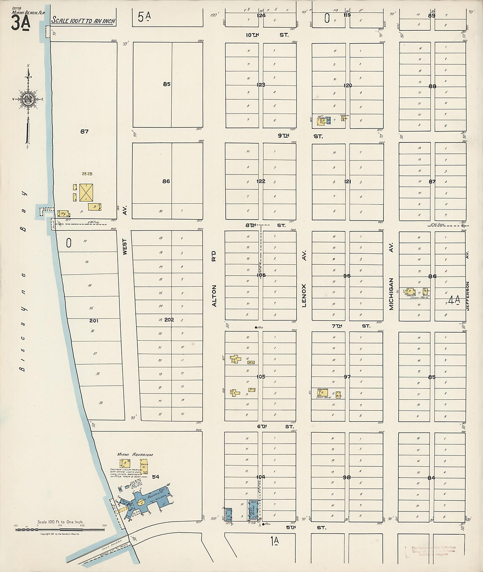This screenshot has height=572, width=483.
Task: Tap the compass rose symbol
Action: [x=29, y=99]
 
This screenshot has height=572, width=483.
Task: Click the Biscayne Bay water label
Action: [x=24, y=281]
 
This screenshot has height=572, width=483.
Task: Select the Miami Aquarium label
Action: [x=135, y=455]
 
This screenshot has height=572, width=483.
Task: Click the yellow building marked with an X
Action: [x=86, y=192]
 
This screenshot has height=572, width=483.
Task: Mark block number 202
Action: [x=169, y=320]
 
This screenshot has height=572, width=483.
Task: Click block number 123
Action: [x=261, y=85]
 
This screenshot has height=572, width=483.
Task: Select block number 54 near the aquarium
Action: [x=155, y=476]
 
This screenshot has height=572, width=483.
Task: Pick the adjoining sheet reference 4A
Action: [x=454, y=300]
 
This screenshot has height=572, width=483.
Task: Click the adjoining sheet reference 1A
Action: [x=275, y=541]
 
